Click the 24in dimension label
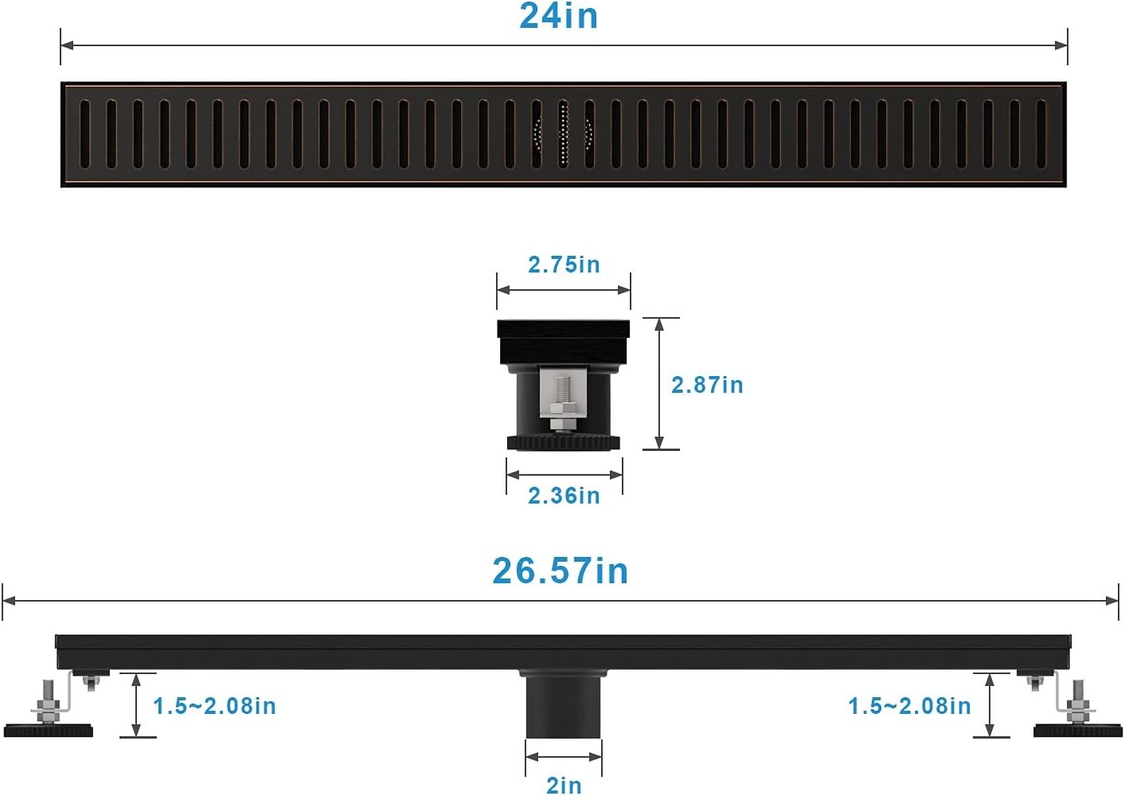558,16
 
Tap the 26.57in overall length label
560,571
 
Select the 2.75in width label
564,265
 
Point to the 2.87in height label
707,385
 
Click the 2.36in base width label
564,496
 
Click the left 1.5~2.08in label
214,706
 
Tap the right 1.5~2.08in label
909,706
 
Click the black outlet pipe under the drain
563,704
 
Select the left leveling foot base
49,730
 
